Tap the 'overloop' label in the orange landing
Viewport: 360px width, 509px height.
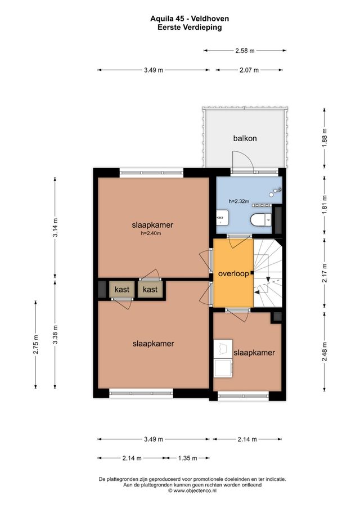(x=233, y=273)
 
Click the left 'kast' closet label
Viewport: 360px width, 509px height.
(x=122, y=290)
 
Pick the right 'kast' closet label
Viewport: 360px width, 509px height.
(x=150, y=290)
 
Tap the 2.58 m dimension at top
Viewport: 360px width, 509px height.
(x=245, y=51)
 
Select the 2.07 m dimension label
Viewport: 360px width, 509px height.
(x=248, y=70)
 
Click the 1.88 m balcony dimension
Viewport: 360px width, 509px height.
(x=325, y=138)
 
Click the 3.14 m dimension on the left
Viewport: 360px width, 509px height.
(x=55, y=228)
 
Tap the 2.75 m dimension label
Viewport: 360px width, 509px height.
(x=35, y=344)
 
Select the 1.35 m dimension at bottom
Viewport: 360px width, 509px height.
(x=187, y=458)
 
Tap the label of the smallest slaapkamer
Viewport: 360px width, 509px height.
(x=254, y=353)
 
